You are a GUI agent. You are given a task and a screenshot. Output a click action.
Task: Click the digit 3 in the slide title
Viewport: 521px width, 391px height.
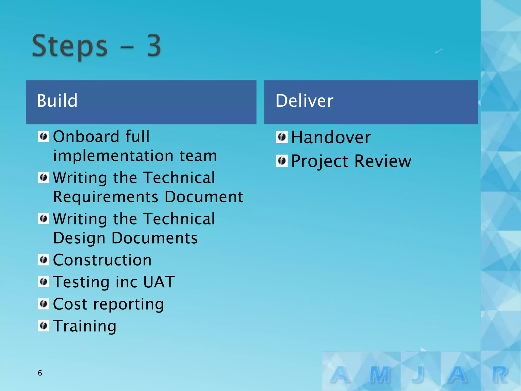(x=154, y=46)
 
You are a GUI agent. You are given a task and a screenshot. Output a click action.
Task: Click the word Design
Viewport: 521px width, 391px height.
(x=79, y=238)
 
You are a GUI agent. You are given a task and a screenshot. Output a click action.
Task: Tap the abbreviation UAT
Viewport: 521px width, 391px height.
(x=159, y=282)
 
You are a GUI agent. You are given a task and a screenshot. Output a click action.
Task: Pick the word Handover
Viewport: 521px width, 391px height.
(x=331, y=137)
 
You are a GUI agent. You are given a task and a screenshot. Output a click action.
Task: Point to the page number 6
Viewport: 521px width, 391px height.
(x=40, y=373)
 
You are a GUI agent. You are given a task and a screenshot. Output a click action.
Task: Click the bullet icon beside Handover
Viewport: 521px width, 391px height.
(x=282, y=137)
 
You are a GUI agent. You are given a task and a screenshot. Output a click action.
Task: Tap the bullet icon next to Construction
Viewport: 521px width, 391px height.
(x=44, y=260)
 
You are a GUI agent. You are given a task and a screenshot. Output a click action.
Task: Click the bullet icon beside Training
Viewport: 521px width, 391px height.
(x=44, y=326)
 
